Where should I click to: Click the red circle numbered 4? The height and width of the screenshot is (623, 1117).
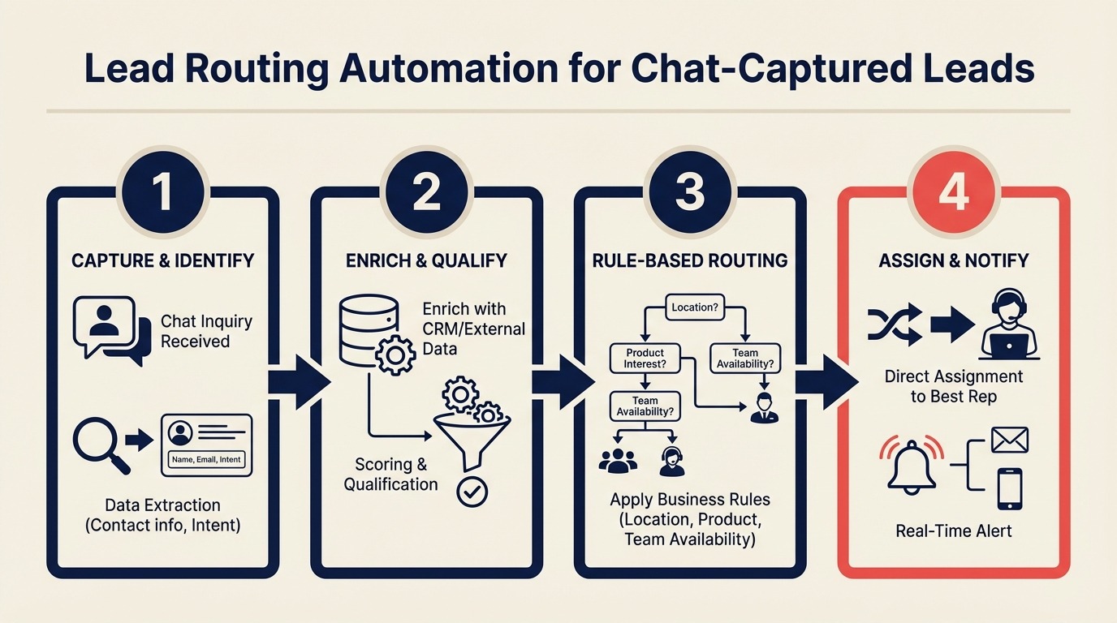(954, 195)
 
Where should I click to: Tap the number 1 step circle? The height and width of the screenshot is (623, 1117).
(162, 195)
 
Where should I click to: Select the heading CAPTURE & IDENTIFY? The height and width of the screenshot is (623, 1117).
(162, 260)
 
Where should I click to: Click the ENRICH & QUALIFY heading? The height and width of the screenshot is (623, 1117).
(426, 260)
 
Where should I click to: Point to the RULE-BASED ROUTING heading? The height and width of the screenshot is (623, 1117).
(690, 260)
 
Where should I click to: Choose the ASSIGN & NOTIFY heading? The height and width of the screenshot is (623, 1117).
(954, 260)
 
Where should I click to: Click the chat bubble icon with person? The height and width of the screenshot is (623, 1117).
(110, 329)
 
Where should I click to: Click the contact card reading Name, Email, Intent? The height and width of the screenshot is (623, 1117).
(206, 444)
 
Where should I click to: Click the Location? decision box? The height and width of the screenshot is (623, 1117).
(696, 307)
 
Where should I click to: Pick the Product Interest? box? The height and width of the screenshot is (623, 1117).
(645, 359)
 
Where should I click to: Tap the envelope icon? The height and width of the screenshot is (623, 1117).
(1009, 440)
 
